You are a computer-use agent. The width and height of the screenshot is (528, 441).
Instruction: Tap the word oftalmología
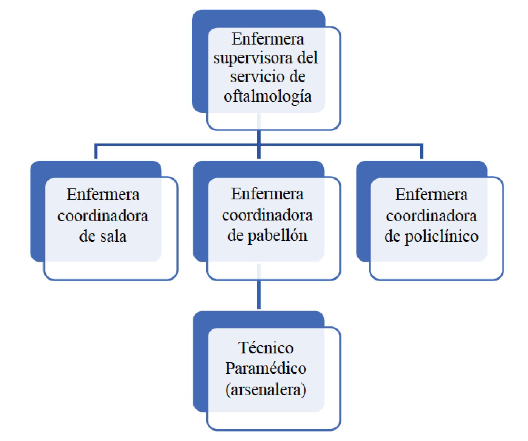(x=268, y=96)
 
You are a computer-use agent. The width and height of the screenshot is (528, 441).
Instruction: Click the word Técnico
(x=266, y=348)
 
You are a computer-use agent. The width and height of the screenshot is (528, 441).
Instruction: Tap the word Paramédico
(x=266, y=369)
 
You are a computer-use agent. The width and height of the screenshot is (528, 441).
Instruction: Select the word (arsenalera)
(x=266, y=390)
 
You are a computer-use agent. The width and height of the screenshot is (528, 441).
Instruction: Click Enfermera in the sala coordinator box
(x=103, y=195)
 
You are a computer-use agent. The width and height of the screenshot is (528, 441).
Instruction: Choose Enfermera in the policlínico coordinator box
(x=431, y=195)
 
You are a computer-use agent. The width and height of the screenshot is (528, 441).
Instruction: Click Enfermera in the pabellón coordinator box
(x=267, y=194)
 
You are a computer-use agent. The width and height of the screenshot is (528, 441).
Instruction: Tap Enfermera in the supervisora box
(x=268, y=39)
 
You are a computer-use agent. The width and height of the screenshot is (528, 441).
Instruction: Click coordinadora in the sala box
(x=103, y=216)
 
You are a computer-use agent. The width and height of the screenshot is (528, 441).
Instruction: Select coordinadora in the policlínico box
(x=431, y=216)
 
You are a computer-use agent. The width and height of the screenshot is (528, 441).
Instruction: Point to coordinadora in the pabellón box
(x=267, y=215)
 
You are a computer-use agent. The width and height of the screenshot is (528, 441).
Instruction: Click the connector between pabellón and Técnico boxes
(x=259, y=295)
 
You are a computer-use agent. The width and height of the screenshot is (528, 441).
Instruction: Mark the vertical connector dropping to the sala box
(x=96, y=152)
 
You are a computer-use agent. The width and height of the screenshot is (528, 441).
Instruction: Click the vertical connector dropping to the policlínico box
(x=421, y=152)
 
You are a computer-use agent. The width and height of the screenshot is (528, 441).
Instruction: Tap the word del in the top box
(x=308, y=58)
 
